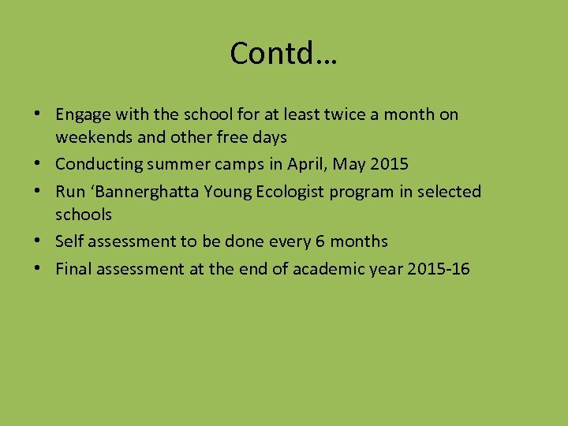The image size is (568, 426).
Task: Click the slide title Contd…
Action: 283,54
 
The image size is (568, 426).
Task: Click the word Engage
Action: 83,115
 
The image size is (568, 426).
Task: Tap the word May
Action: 349,165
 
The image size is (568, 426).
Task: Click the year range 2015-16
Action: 439,269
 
